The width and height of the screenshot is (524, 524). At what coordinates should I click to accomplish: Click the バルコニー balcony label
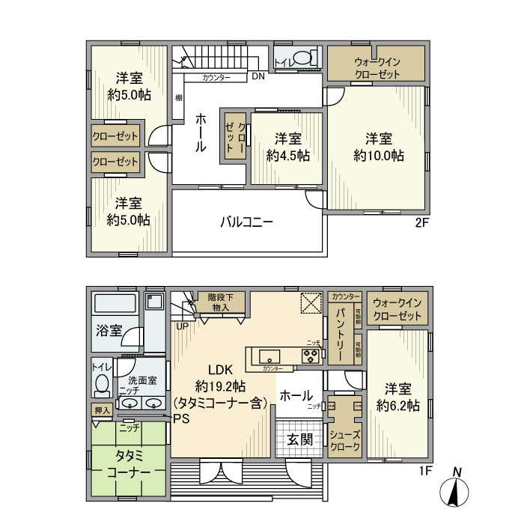(x=246, y=222)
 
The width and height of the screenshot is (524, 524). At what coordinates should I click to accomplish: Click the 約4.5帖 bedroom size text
(x=288, y=156)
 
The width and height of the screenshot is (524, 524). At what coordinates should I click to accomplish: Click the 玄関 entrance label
(x=299, y=438)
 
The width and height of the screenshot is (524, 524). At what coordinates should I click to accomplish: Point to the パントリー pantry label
(x=340, y=332)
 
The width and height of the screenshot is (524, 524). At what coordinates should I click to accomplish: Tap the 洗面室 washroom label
(x=141, y=380)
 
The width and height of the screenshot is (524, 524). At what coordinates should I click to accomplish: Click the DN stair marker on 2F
(x=257, y=76)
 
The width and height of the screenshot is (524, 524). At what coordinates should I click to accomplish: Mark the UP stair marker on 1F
(x=182, y=326)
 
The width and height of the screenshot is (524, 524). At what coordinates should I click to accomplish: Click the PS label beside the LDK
(x=180, y=418)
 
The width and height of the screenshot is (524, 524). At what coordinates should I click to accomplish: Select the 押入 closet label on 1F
(x=102, y=410)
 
